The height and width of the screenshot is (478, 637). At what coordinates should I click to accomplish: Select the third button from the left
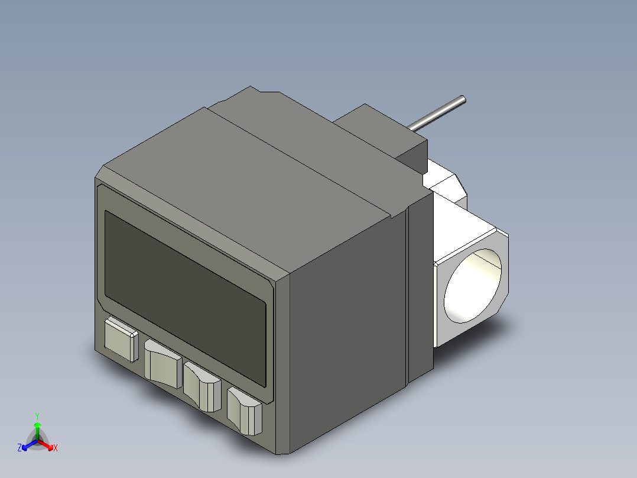click(202, 388)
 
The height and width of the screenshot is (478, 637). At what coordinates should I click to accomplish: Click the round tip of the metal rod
click(462, 100)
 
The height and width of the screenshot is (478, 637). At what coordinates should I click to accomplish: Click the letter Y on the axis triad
click(37, 415)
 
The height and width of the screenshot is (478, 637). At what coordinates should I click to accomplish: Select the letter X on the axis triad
click(56, 448)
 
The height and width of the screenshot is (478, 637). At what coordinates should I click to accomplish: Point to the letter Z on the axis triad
click(19, 448)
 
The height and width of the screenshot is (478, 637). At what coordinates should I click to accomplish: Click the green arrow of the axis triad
click(37, 428)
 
